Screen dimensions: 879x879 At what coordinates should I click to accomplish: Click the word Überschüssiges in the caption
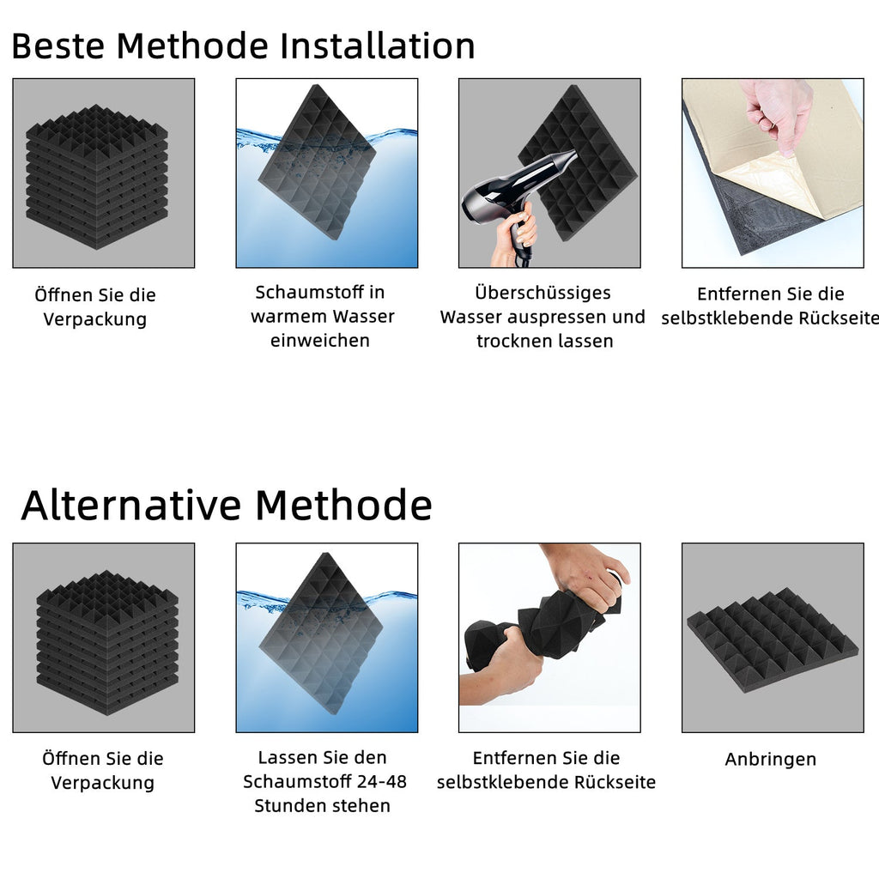(x=543, y=293)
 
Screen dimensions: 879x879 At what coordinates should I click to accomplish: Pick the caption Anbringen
(x=770, y=759)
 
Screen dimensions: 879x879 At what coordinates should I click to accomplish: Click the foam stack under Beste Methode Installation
(x=97, y=176)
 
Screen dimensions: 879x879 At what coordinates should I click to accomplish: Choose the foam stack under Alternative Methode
(x=106, y=641)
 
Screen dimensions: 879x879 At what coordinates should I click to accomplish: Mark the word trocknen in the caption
(x=512, y=341)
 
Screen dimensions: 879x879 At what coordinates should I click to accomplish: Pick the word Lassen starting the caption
(x=287, y=757)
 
